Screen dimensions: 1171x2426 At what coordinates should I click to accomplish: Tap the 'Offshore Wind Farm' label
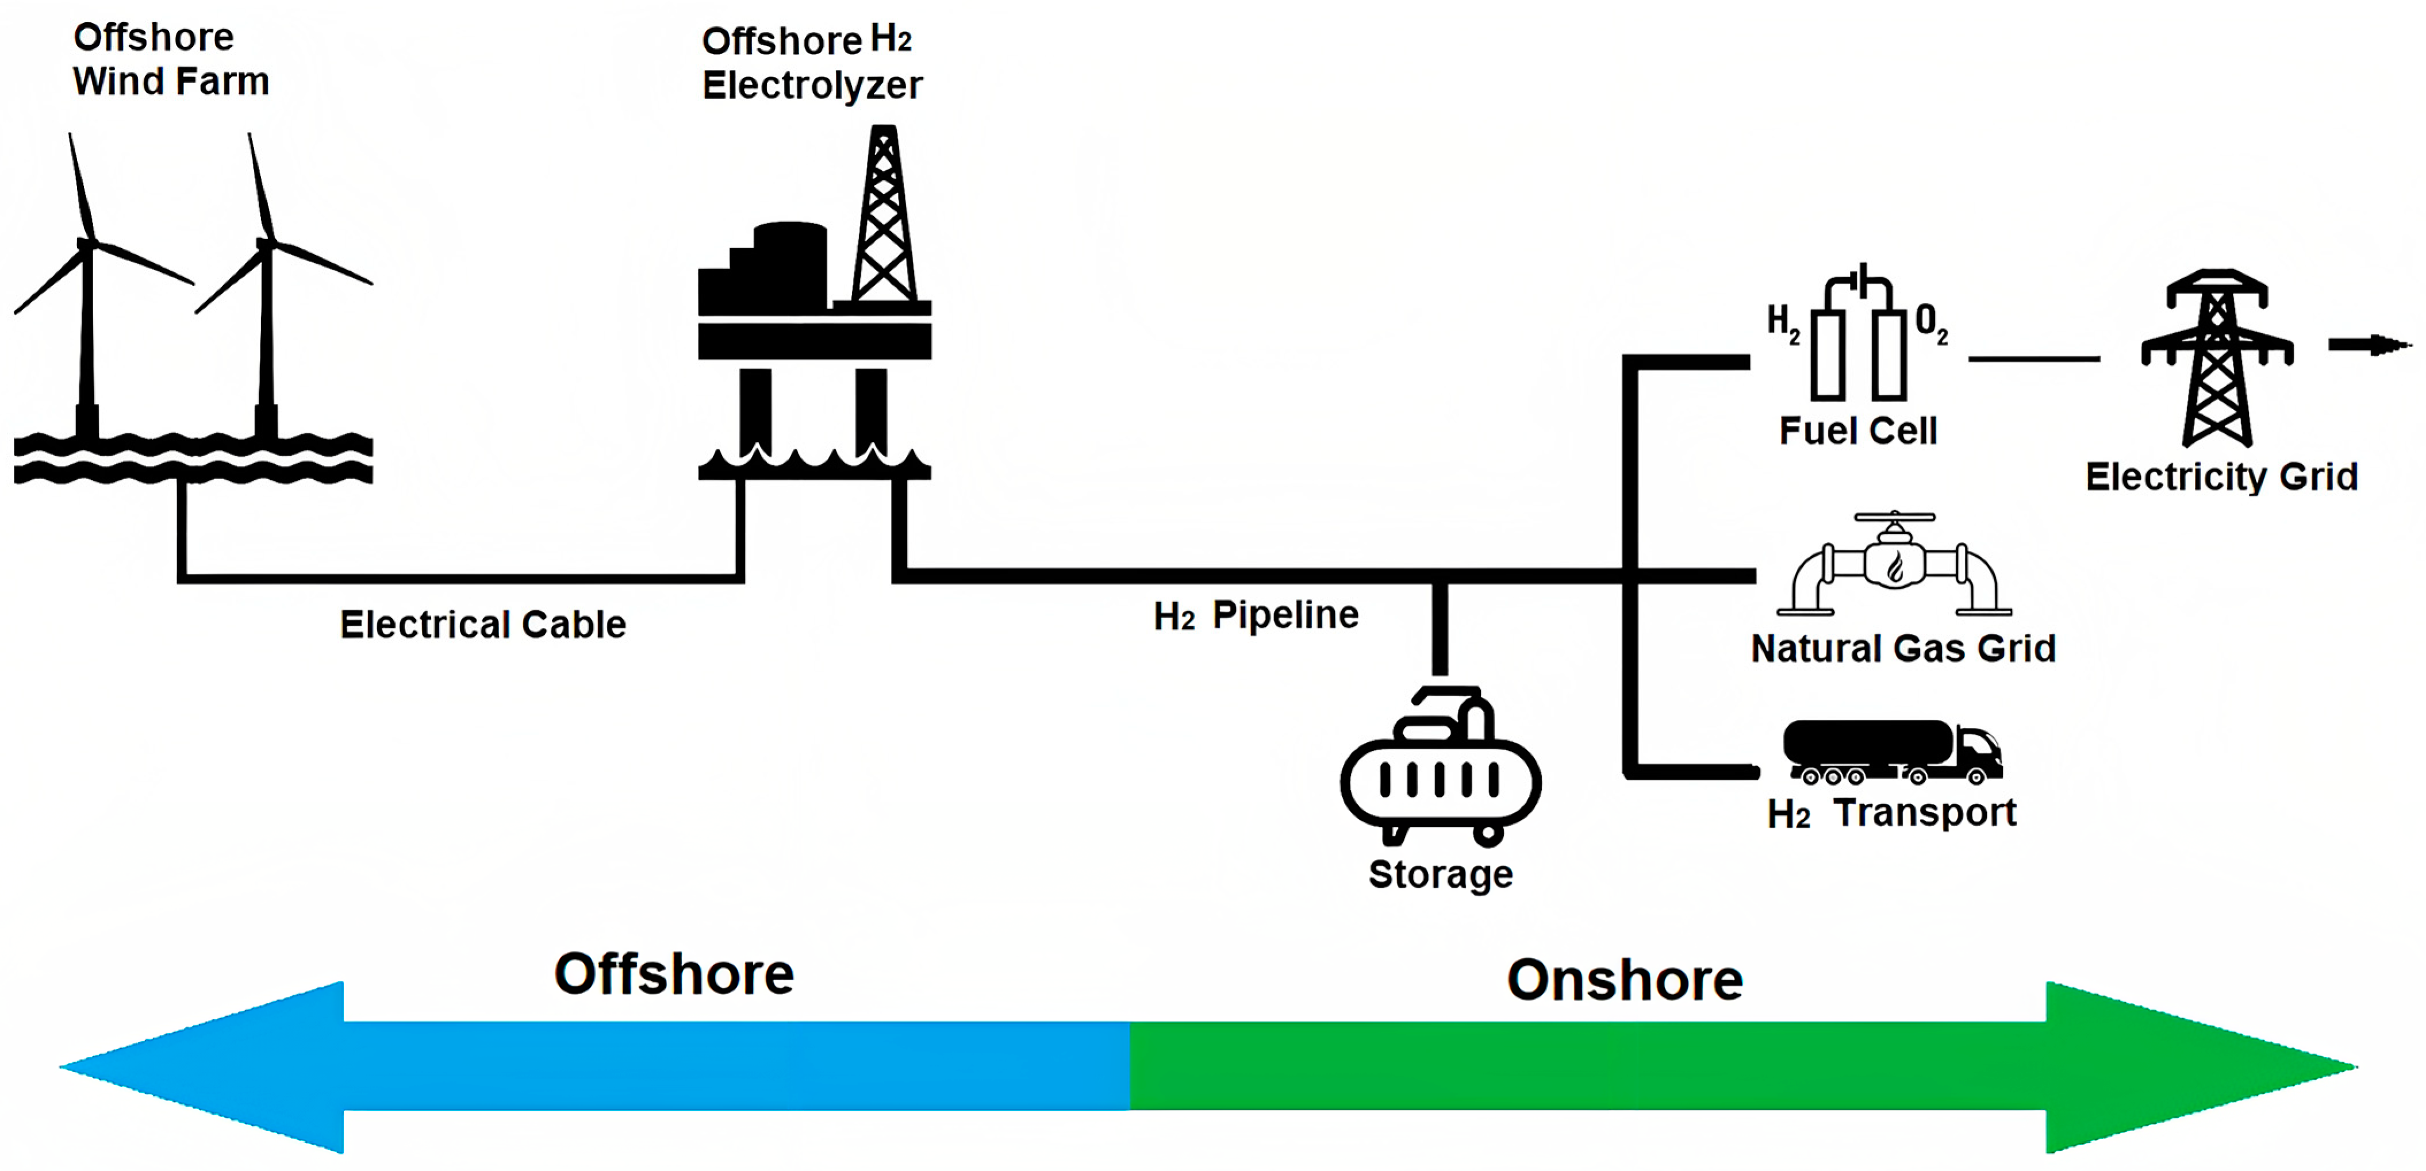coord(171,59)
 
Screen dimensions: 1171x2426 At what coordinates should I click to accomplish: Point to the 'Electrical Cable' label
coord(482,624)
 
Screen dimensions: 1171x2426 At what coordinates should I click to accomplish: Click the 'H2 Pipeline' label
coord(1256,615)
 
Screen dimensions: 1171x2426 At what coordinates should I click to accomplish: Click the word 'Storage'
coord(1440,875)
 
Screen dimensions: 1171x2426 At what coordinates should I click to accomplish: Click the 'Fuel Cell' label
coord(1857,431)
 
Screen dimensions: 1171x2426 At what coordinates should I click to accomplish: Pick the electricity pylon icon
coord(2217,358)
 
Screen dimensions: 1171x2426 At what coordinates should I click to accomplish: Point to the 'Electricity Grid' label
coord(2221,477)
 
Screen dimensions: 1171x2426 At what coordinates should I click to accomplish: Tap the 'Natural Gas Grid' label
coord(1902,649)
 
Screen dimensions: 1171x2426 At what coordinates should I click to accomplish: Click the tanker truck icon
coord(1891,751)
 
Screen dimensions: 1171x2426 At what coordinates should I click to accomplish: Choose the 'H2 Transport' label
coord(1891,813)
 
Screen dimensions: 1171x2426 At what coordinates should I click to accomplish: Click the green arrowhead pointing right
coord(2194,1066)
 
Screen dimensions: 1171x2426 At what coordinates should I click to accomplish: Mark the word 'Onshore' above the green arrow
coord(1625,980)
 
